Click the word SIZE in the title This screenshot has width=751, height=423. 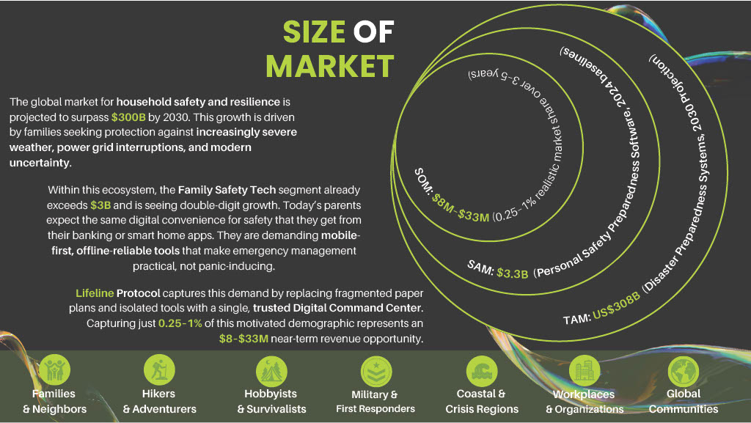pyautogui.click(x=314, y=32)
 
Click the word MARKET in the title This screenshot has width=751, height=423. pyautogui.click(x=330, y=66)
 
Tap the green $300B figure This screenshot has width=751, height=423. pyautogui.click(x=128, y=117)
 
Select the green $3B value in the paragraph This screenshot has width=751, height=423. pyautogui.click(x=100, y=205)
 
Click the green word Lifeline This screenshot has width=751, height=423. pyautogui.click(x=95, y=293)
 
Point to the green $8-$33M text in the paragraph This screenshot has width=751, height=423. pyautogui.click(x=243, y=339)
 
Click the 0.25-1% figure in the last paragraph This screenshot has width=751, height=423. pyautogui.click(x=180, y=323)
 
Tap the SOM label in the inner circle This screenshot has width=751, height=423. pyautogui.click(x=422, y=181)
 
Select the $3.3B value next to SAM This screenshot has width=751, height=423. pyautogui.click(x=512, y=273)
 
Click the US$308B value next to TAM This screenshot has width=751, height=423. pyautogui.click(x=616, y=305)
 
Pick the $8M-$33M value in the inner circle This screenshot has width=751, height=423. pyautogui.click(x=461, y=208)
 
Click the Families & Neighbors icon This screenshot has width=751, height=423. pyautogui.click(x=54, y=370)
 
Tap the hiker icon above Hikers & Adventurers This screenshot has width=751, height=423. pyautogui.click(x=159, y=370)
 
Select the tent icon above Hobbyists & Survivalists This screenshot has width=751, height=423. pyautogui.click(x=271, y=372)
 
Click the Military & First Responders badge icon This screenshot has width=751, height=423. pyautogui.click(x=376, y=372)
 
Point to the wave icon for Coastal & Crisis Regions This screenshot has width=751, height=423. pyautogui.click(x=482, y=372)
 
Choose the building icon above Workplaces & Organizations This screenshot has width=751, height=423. pyautogui.click(x=585, y=371)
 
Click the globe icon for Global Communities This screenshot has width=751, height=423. pyautogui.click(x=684, y=371)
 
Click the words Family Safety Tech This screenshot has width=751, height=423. pyautogui.click(x=227, y=190)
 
